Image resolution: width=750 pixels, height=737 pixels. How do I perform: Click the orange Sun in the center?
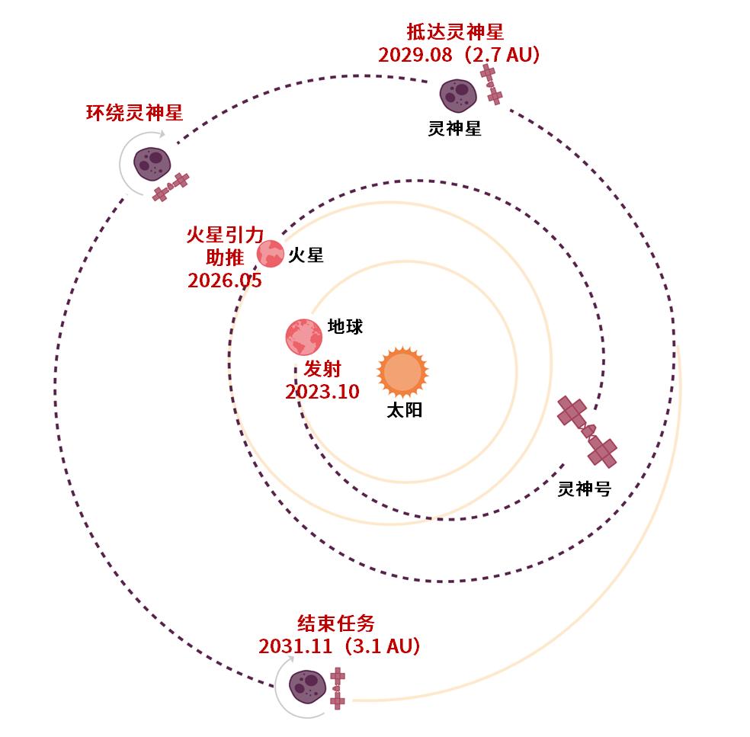click(402, 372)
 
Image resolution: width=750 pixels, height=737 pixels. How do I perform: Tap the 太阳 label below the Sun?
click(405, 410)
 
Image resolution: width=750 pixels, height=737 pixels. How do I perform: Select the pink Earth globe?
click(303, 337)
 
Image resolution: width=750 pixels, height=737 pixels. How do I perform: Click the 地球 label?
click(345, 327)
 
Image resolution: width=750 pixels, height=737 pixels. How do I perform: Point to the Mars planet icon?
click(271, 254)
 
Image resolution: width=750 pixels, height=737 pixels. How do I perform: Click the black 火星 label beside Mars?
click(306, 255)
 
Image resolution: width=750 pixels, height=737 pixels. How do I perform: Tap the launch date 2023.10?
click(322, 392)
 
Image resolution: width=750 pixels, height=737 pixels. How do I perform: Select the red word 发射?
click(322, 369)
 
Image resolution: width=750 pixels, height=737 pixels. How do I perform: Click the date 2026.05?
click(225, 280)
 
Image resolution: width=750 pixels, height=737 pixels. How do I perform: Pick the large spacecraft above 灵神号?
click(588, 431)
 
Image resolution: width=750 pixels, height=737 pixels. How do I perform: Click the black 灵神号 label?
click(585, 489)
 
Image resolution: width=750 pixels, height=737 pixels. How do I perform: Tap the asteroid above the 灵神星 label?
click(458, 96)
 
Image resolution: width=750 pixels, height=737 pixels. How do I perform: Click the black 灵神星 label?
click(454, 128)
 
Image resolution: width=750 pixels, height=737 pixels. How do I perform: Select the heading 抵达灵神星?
click(455, 32)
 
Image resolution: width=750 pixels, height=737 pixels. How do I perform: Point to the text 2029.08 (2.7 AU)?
click(459, 55)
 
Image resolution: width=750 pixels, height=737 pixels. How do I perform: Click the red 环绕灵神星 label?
click(135, 113)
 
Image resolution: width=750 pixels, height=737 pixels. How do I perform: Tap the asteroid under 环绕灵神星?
click(152, 164)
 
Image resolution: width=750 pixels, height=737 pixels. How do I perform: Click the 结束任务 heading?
click(336, 623)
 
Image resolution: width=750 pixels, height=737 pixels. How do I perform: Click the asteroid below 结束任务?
click(308, 687)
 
